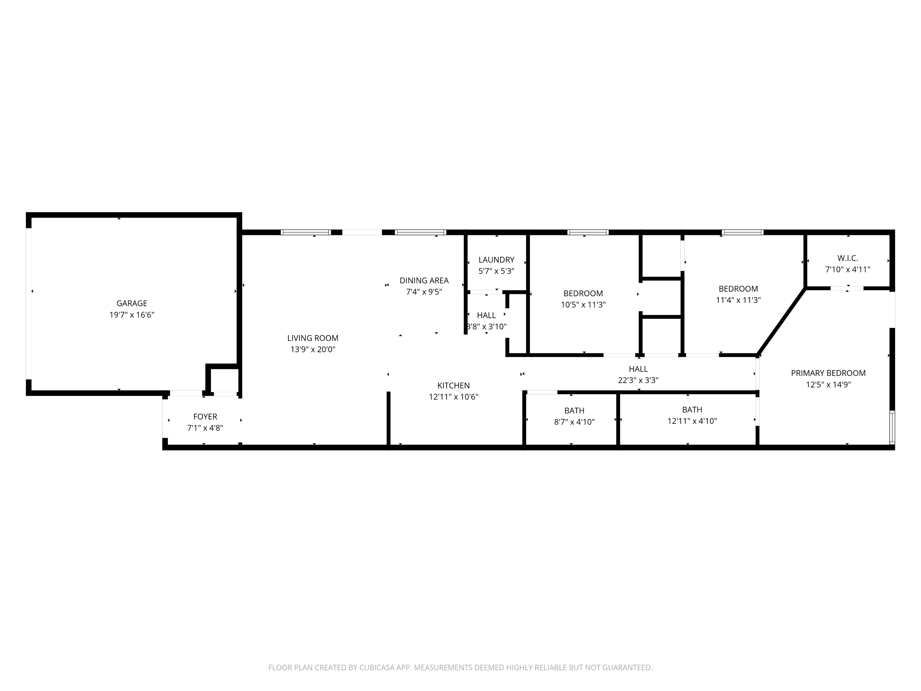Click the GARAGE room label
pos(132,303)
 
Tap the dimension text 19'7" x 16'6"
pos(132,315)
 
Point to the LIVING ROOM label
pos(313,338)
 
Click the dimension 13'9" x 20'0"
pos(313,349)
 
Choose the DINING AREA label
pos(424,280)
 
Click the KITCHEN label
pos(453,386)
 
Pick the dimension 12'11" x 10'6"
pos(453,397)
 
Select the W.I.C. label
pos(848,258)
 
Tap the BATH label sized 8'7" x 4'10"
pos(574,411)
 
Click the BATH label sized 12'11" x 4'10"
pos(692,410)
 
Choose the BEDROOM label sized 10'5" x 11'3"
pos(583,293)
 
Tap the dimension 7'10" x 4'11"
pos(848,269)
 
